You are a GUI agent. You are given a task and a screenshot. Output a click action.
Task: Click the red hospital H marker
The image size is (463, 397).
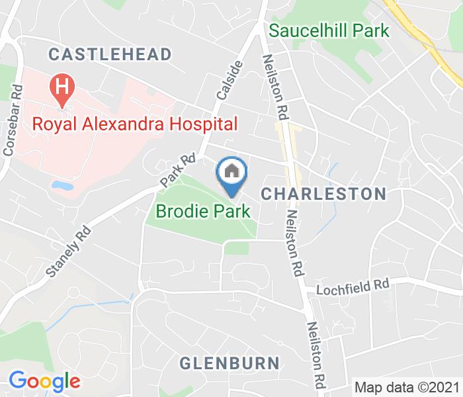63,88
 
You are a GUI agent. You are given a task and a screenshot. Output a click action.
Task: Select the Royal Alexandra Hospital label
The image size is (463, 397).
135,124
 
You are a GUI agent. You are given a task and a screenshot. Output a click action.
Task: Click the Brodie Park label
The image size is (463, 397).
203,212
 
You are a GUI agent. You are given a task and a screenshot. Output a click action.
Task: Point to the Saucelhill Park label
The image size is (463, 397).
329,30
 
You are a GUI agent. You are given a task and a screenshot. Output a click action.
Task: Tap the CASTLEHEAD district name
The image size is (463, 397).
110,54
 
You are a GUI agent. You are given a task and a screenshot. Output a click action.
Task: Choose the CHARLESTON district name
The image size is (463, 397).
323,194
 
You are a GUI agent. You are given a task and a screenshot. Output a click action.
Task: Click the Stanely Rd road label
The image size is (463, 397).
68,251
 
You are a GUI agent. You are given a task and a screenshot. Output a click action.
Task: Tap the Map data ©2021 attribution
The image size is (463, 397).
407,387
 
